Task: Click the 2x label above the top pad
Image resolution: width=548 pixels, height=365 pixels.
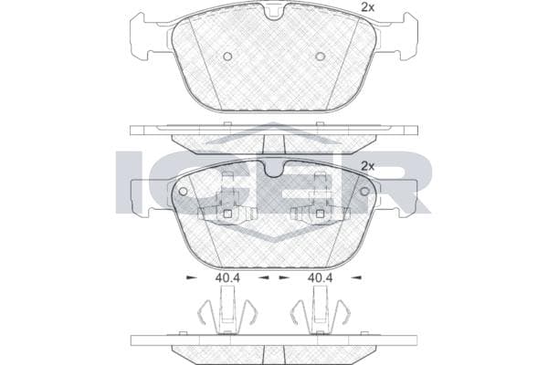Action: click(367, 7)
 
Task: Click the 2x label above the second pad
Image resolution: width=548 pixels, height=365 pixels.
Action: click(367, 166)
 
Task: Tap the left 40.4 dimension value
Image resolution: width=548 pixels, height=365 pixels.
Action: click(227, 278)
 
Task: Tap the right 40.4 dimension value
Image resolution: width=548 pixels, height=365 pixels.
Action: click(320, 278)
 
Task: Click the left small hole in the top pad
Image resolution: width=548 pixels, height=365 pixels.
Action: click(227, 56)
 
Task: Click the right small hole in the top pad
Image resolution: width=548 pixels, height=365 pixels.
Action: click(321, 56)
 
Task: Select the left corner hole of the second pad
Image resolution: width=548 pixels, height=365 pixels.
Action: click(184, 191)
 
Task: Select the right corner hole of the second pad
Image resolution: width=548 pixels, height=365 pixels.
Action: click(364, 191)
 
